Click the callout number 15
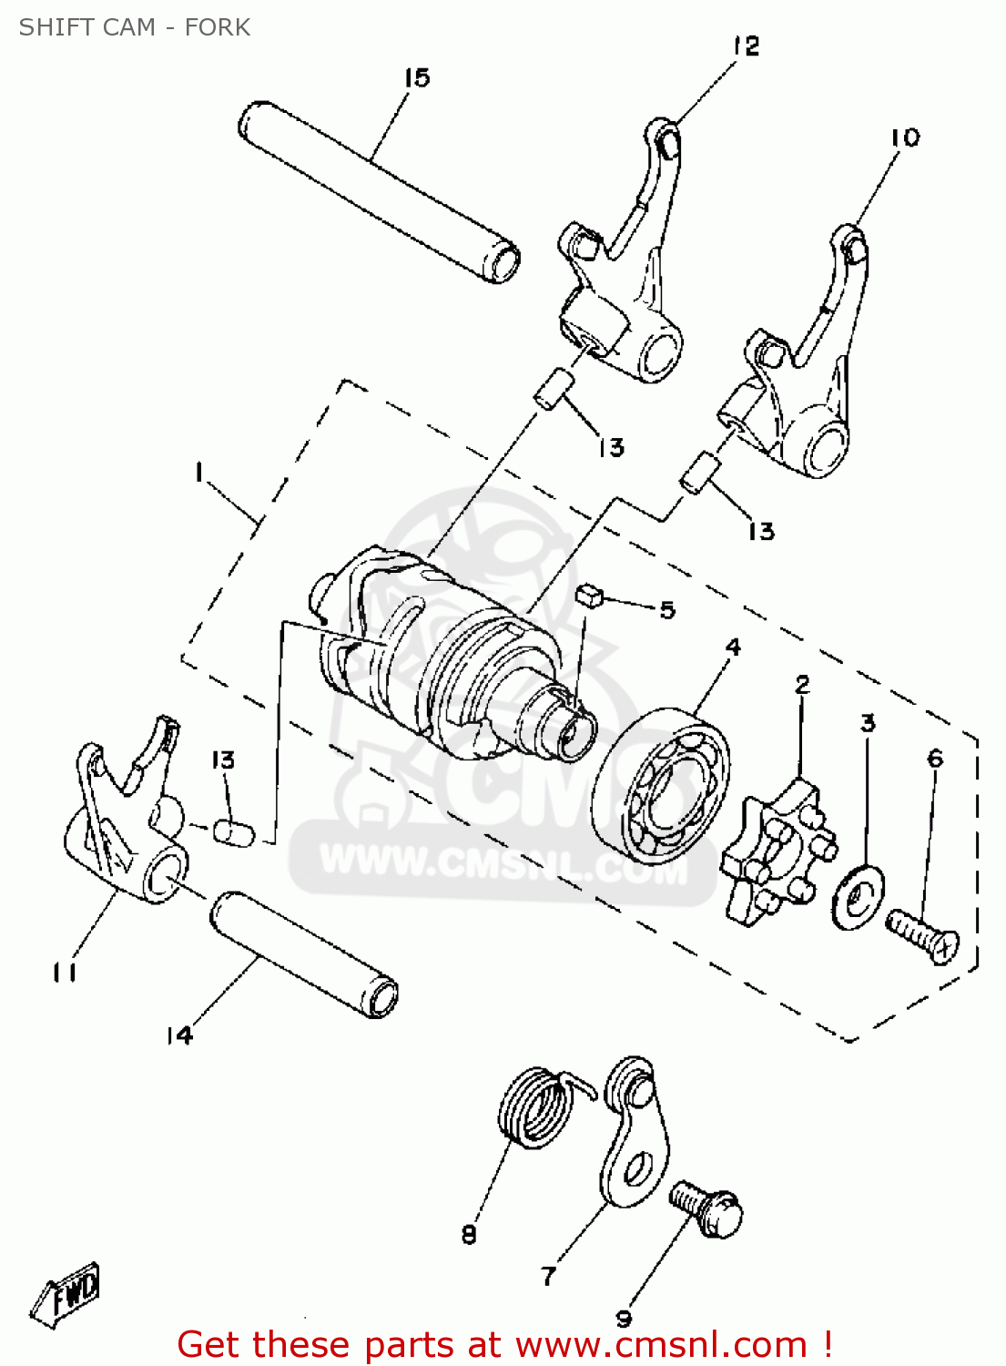pos(416,78)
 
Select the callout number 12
pos(746,46)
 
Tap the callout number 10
pos(905,138)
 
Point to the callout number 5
pos(667,610)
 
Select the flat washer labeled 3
pos(857,897)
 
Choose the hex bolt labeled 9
pos(707,1209)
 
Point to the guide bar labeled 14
pos(304,954)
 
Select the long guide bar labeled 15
pos(377,190)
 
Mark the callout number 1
pos(198,473)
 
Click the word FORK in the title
pos(218,27)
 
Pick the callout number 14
pos(179,1035)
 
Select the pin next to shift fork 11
pos(231,831)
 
